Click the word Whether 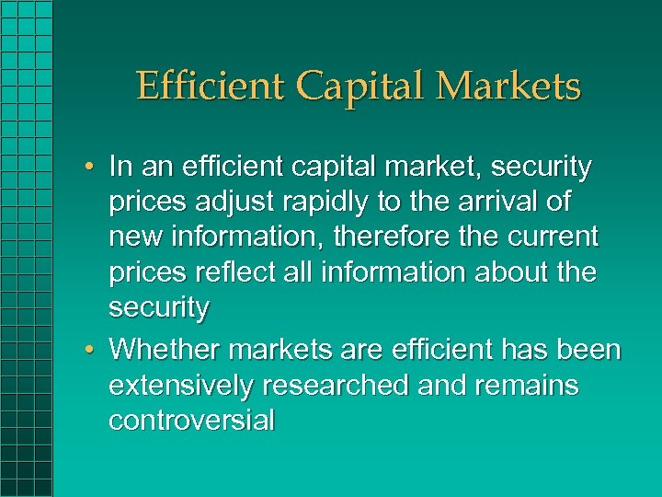[164, 351]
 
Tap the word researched [335, 387]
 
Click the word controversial [191, 421]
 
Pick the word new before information [136, 237]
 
